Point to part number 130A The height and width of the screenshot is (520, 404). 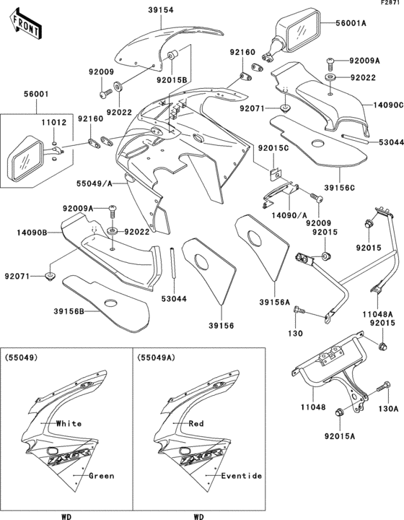[387, 407]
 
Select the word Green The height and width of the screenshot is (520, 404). [101, 476]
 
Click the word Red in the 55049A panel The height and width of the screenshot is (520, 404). [196, 423]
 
